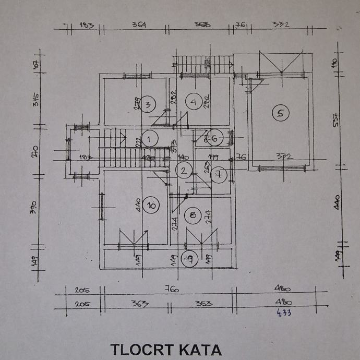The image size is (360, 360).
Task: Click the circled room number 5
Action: tap(281, 113)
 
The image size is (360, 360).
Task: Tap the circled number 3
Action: tap(148, 104)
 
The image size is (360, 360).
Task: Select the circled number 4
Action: tap(194, 102)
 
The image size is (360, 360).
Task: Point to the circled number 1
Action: tap(149, 139)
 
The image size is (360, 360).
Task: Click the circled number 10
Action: tap(151, 206)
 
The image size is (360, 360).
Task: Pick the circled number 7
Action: tap(218, 175)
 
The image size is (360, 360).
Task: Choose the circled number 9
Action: tap(189, 259)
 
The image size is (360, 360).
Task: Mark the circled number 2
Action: tap(184, 170)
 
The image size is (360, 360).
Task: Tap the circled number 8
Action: tap(194, 215)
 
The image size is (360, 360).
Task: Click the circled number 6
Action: tap(215, 138)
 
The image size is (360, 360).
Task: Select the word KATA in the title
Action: tap(200, 349)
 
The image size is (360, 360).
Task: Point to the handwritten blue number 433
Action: tap(284, 313)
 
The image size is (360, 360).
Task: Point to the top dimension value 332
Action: tap(281, 24)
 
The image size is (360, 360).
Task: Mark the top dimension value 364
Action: tap(139, 25)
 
